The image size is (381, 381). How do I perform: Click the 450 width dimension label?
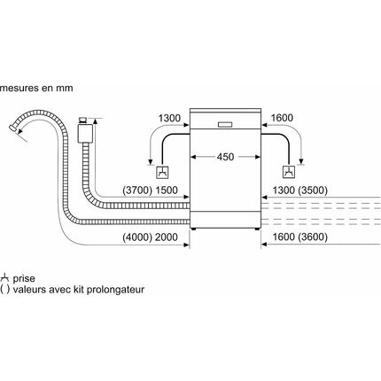point(225,157)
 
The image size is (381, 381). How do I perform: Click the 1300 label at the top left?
point(169,118)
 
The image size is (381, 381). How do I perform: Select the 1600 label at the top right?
point(282,118)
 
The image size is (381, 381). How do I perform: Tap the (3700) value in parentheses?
point(137,190)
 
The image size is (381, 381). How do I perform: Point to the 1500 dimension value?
point(167,190)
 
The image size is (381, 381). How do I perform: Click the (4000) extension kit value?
point(137,237)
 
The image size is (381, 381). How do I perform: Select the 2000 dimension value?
point(167,237)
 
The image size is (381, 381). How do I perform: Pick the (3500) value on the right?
point(313,190)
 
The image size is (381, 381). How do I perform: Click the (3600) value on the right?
point(313,237)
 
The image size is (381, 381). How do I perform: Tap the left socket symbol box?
point(163,172)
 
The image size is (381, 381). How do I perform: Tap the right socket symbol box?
point(289,172)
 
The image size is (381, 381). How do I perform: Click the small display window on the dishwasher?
point(225,125)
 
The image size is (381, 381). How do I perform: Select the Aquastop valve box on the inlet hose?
point(85,133)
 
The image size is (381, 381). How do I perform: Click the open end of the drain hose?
point(13,128)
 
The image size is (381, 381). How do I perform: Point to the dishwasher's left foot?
point(194,229)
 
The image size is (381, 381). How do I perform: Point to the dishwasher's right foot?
point(257,229)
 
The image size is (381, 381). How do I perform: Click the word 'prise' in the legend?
point(24,278)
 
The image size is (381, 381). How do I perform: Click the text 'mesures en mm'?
point(36,88)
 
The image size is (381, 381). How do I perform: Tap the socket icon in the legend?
point(4,277)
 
